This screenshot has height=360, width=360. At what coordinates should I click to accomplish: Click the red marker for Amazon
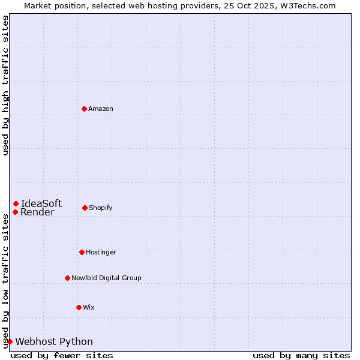tap(84, 109)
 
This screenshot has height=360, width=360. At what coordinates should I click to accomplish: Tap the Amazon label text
tap(101, 109)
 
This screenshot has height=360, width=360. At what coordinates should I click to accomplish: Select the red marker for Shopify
tap(85, 208)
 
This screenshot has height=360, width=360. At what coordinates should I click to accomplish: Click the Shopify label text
tap(101, 208)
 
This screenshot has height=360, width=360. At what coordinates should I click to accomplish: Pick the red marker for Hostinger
tap(82, 252)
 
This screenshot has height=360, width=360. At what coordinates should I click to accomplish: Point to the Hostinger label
tap(101, 253)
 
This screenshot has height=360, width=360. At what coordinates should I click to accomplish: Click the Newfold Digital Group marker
tap(67, 278)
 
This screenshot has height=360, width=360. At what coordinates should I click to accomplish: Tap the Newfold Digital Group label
tap(106, 278)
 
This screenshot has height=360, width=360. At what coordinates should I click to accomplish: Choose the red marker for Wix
tap(79, 307)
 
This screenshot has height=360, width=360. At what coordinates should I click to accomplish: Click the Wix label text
tap(89, 308)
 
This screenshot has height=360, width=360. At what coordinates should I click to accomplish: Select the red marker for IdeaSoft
tap(16, 203)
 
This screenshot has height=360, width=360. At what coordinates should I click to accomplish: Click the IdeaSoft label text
tap(41, 203)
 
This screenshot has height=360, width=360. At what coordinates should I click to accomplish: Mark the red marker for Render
tap(15, 212)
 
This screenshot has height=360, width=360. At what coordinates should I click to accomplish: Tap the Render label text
tap(37, 212)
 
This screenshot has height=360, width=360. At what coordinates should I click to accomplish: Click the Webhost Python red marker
tap(10, 341)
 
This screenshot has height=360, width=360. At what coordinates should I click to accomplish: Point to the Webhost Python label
tap(54, 342)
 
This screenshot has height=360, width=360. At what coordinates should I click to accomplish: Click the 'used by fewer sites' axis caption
tap(62, 355)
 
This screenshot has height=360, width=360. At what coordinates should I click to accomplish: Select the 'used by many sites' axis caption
tap(301, 355)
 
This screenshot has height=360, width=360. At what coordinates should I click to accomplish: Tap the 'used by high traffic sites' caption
tap(6, 85)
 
